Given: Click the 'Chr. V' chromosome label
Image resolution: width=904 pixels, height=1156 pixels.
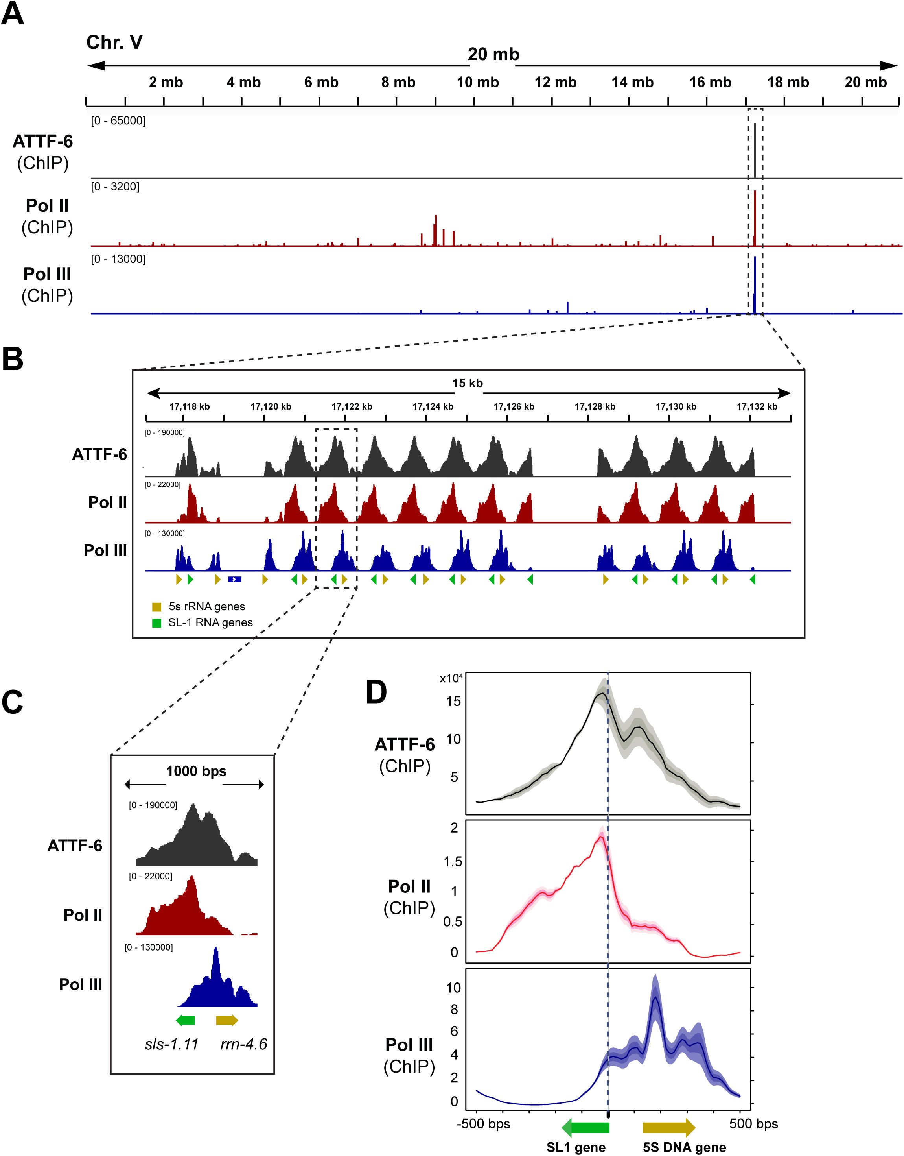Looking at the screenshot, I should [114, 42].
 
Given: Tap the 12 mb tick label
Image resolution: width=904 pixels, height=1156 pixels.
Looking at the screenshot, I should [555, 83].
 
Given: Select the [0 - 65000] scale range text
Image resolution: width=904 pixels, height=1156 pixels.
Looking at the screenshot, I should [118, 121].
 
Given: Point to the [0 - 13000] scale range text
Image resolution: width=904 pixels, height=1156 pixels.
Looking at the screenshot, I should [118, 259].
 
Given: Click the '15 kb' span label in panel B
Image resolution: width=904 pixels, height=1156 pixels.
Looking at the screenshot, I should [468, 383].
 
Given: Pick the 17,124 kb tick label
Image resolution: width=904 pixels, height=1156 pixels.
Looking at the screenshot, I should [433, 407].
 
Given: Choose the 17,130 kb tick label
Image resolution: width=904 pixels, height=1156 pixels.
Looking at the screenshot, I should [676, 407].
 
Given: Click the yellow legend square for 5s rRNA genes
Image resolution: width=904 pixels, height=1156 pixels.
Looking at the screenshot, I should [156, 607].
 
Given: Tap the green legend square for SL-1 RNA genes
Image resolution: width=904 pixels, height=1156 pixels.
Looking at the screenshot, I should [156, 623].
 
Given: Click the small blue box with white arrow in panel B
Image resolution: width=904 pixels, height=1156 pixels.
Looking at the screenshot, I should [234, 579].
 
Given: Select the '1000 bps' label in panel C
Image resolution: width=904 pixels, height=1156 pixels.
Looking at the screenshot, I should [196, 771].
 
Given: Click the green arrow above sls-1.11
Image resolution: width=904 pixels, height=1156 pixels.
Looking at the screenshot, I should [185, 1020].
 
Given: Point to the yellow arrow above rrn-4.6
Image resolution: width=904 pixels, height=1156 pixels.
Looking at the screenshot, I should [227, 1020].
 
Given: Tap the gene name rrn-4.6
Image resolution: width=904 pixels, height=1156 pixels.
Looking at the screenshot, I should [243, 1044].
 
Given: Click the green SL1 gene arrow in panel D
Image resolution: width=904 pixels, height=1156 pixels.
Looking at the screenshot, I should [585, 1128].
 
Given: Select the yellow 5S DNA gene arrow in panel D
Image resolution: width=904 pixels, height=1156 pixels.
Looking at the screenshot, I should [669, 1128].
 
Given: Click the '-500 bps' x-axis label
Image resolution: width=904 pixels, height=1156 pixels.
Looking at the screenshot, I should [483, 1124].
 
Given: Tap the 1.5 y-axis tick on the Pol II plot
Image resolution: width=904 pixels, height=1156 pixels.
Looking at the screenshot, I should [453, 862].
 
